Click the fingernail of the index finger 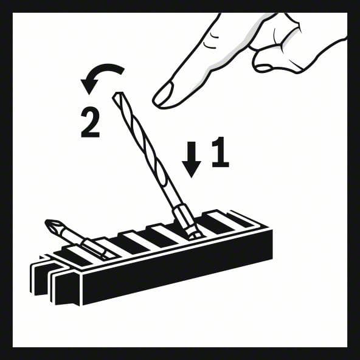pos(164,94)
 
